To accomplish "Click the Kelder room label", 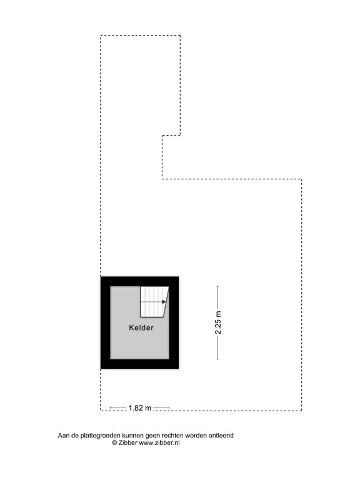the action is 141,328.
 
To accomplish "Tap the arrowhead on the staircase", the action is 164,302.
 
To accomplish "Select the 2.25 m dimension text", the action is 218,322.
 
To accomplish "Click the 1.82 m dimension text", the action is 140,408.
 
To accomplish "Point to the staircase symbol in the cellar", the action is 154,301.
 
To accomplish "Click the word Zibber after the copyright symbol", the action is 128,442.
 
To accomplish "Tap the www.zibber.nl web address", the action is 159,442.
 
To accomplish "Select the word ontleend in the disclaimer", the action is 221,435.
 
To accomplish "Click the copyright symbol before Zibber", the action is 114,442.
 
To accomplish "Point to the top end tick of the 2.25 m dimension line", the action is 217,286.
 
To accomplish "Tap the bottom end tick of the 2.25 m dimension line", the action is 217,359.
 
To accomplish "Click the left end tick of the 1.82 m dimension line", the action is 110,408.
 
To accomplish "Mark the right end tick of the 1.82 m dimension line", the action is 169,408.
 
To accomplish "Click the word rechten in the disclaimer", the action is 172,435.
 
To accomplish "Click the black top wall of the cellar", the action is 140,281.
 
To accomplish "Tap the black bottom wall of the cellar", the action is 140,364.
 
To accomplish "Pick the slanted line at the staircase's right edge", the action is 166,301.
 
